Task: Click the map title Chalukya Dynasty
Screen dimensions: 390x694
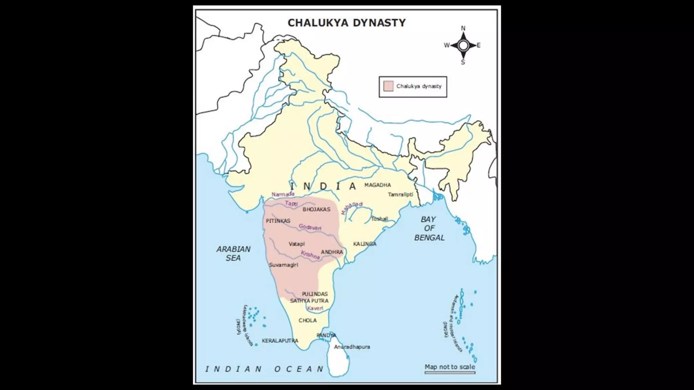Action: pyautogui.click(x=346, y=23)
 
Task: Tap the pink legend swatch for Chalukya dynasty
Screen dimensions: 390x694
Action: pyautogui.click(x=388, y=86)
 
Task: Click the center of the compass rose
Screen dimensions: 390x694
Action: pyautogui.click(x=463, y=45)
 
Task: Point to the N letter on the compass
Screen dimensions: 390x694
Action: pyautogui.click(x=463, y=28)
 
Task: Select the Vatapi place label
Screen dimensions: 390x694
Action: pyautogui.click(x=297, y=244)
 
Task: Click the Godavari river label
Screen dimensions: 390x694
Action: pyautogui.click(x=310, y=227)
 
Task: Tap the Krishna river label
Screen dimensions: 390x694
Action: pyautogui.click(x=310, y=255)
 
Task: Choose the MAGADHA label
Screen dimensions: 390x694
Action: pyautogui.click(x=377, y=185)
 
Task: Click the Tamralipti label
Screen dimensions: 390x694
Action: pyautogui.click(x=400, y=194)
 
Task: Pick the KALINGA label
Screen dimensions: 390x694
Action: pyautogui.click(x=365, y=244)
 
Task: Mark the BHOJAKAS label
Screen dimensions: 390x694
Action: pyautogui.click(x=316, y=209)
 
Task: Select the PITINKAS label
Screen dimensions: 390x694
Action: pyautogui.click(x=278, y=221)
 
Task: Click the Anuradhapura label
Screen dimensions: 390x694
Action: pyautogui.click(x=352, y=347)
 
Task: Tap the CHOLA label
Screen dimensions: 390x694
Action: pyautogui.click(x=308, y=320)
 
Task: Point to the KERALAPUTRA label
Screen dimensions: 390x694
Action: pyautogui.click(x=280, y=341)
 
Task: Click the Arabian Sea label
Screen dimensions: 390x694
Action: pyautogui.click(x=233, y=253)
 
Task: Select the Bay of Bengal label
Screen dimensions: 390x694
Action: pyautogui.click(x=429, y=229)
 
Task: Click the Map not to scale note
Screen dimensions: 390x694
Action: pyautogui.click(x=450, y=367)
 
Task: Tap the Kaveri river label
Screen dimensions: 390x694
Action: pyautogui.click(x=315, y=308)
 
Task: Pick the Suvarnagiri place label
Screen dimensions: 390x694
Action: pyautogui.click(x=283, y=265)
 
